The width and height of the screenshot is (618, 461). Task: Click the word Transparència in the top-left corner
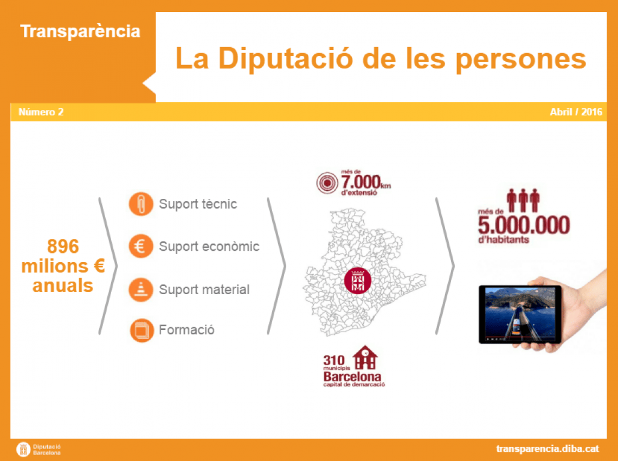(80, 31)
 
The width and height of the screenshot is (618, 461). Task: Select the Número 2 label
(41, 112)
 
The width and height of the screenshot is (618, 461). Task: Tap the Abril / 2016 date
(576, 112)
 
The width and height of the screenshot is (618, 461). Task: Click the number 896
(63, 246)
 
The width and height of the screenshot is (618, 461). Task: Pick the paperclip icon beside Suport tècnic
(141, 204)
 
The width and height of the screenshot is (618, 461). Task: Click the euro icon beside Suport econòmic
(141, 246)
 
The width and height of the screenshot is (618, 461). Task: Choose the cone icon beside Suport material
(141, 290)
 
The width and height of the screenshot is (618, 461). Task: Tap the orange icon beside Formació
(141, 330)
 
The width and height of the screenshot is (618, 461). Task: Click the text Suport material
(204, 290)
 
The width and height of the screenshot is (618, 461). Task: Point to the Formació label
(186, 329)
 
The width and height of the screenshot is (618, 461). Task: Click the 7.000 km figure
(366, 183)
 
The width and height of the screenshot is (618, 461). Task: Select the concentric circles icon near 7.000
(327, 183)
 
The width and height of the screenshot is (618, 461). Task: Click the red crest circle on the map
(357, 281)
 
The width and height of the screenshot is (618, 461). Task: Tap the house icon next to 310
(365, 358)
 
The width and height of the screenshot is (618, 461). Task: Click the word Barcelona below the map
(352, 376)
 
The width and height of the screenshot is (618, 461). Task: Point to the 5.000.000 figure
(524, 225)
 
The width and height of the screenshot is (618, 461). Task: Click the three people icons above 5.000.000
(523, 200)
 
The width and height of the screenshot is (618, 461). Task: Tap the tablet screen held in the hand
(520, 314)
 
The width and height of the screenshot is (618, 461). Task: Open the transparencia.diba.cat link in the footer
(548, 449)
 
